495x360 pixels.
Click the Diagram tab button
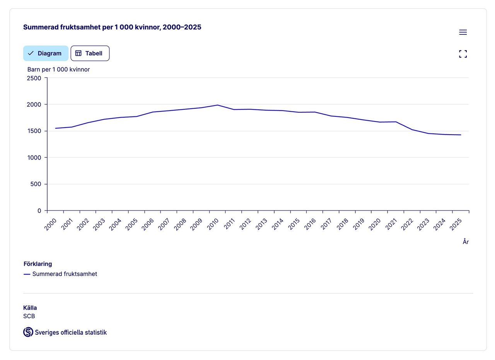coord(46,53)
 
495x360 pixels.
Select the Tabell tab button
coord(90,53)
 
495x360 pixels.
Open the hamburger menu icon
coord(463,32)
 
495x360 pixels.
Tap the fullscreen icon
coord(463,54)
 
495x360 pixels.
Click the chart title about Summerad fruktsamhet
coord(112,27)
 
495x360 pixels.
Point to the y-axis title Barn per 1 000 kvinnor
coord(58,70)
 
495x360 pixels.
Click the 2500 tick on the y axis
coord(34,78)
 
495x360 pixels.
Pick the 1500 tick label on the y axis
coord(34,131)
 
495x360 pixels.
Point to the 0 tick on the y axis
coord(39,211)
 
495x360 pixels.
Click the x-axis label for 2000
coord(51,224)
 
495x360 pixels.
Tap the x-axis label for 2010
coord(213,224)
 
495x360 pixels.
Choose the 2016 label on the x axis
coord(310,224)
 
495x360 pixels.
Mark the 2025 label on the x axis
coord(456,224)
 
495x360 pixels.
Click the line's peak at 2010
coord(218,105)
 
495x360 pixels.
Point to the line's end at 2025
coord(461,135)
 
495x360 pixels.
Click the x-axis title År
coord(466,242)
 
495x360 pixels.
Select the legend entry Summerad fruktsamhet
coord(65,274)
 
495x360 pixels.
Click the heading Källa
coord(30,308)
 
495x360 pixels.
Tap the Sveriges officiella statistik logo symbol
coord(28,332)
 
